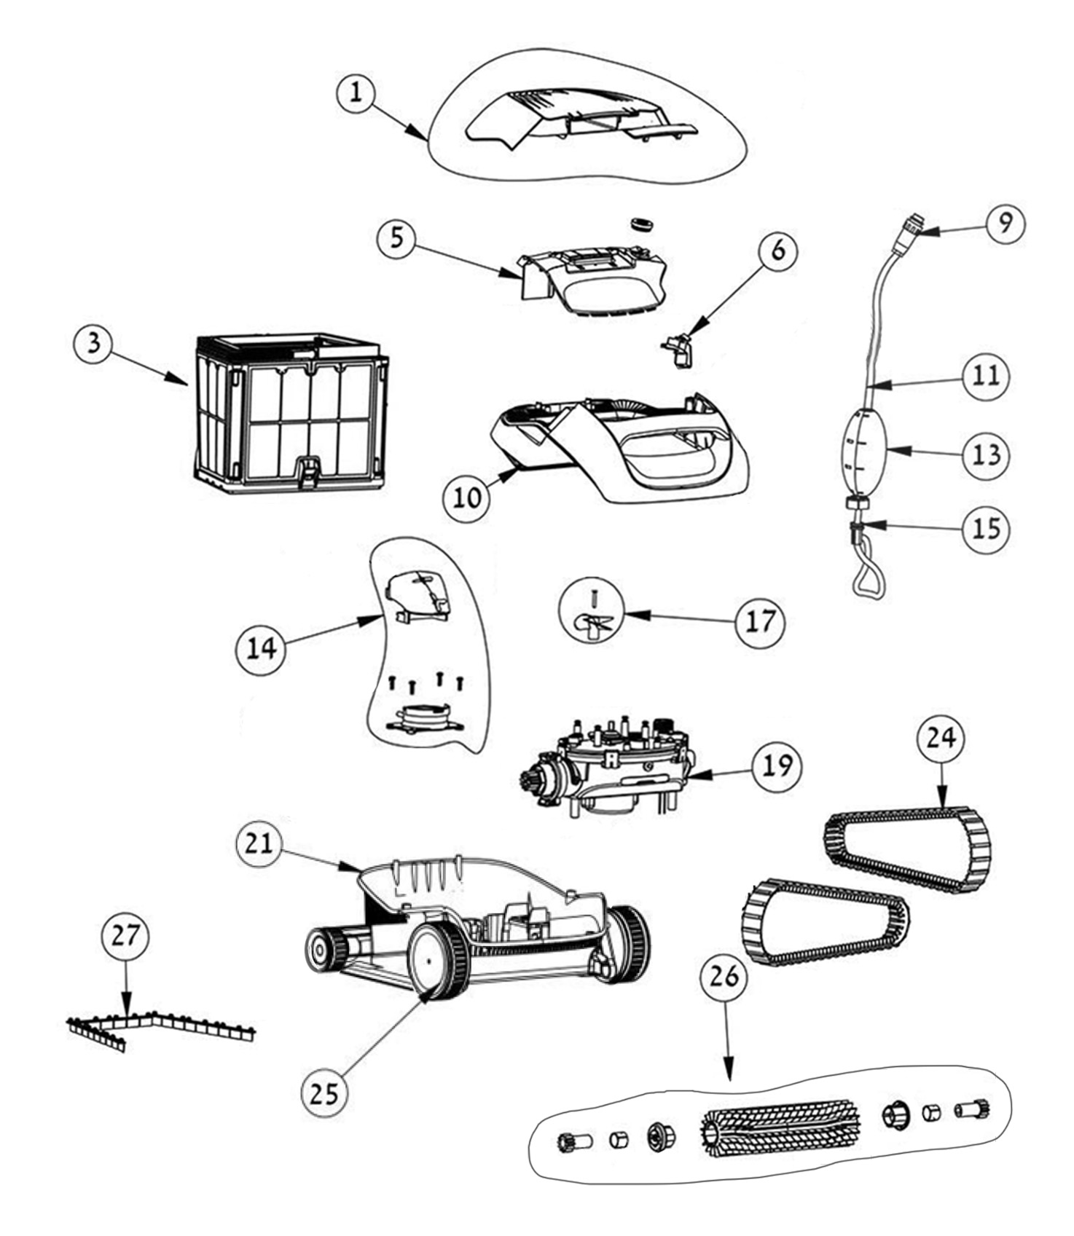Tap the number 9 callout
pyautogui.click(x=1006, y=224)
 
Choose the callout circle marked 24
pyautogui.click(x=941, y=738)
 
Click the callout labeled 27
pyautogui.click(x=125, y=935)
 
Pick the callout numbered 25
pyautogui.click(x=324, y=1093)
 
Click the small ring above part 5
pyautogui.click(x=640, y=223)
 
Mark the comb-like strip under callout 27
pyautogui.click(x=157, y=1028)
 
